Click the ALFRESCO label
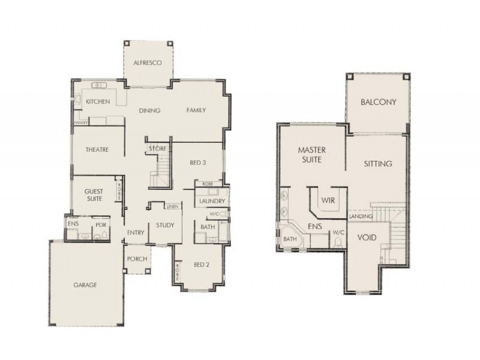[x=148, y=62]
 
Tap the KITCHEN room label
[x=98, y=102]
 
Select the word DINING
[x=149, y=110]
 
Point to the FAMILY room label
[x=196, y=110]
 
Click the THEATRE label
[x=97, y=150]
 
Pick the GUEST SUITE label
[x=93, y=194]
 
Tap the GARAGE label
[x=85, y=285]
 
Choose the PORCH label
[x=136, y=259]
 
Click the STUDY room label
[x=165, y=226]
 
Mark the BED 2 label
[x=201, y=265]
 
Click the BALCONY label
[x=379, y=102]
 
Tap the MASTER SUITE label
[x=311, y=155]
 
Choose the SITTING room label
[x=379, y=163]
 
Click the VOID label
[x=367, y=238]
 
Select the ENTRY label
[x=134, y=232]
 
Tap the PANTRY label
[x=81, y=122]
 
